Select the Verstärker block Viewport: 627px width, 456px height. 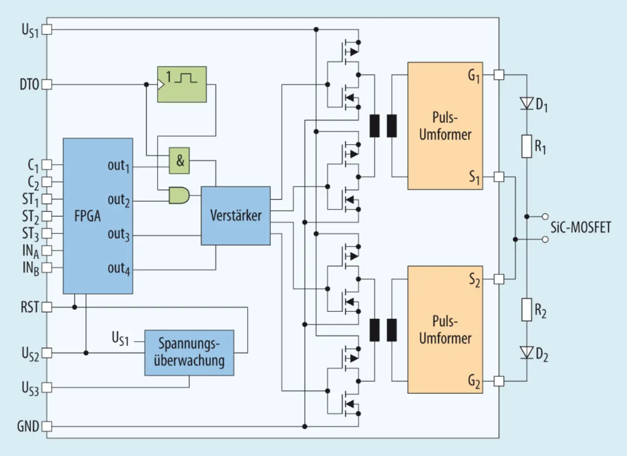236,216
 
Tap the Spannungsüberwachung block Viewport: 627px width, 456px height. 189,353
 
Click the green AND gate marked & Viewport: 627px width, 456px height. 179,160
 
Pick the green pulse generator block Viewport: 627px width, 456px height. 182,84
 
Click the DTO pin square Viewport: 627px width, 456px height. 47,84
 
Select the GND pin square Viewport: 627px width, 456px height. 47,426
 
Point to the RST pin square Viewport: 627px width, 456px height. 47,307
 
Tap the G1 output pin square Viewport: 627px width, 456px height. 499,75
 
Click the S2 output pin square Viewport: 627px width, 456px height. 499,279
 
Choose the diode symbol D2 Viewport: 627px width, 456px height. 527,352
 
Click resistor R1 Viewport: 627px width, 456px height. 527,146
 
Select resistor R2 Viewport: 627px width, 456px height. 527,310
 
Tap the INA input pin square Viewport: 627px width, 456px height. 47,251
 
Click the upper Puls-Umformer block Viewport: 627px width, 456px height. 445,126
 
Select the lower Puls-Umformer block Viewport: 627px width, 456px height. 445,329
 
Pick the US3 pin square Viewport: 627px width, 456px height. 47,387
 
